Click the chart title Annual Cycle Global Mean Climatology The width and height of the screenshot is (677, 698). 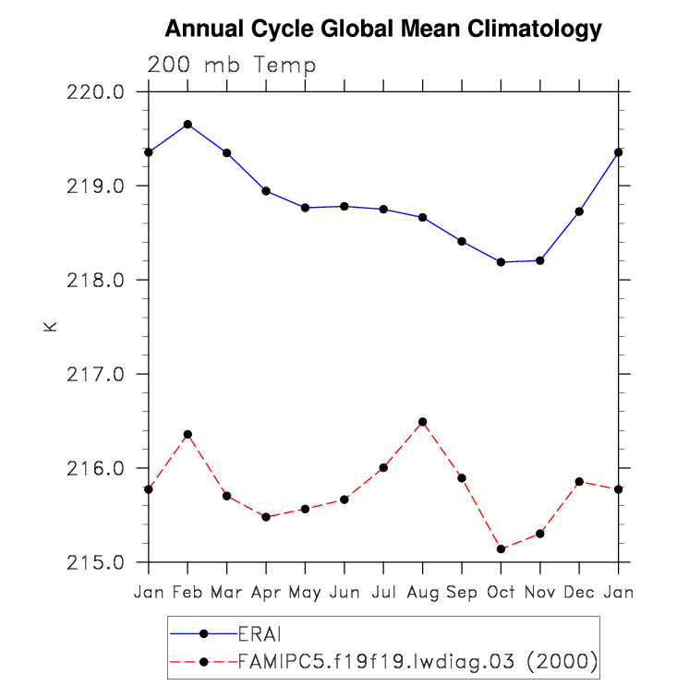point(383,30)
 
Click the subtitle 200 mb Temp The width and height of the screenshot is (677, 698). point(232,66)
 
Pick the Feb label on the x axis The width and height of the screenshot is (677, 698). point(187,591)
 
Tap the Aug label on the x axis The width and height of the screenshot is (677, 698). point(422,591)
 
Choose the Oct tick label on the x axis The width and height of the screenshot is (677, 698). point(501,591)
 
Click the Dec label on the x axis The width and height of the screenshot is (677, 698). point(579,591)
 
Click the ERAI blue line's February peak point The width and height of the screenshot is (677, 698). point(187,124)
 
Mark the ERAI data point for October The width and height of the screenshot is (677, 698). point(501,262)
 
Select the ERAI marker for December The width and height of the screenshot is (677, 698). point(579,211)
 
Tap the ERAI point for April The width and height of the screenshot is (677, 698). point(266,191)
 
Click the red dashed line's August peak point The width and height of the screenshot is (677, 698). point(422,422)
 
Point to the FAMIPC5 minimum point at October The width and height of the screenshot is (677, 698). point(501,549)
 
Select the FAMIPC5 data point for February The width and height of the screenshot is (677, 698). point(187,434)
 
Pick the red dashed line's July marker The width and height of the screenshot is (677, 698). point(383,467)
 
